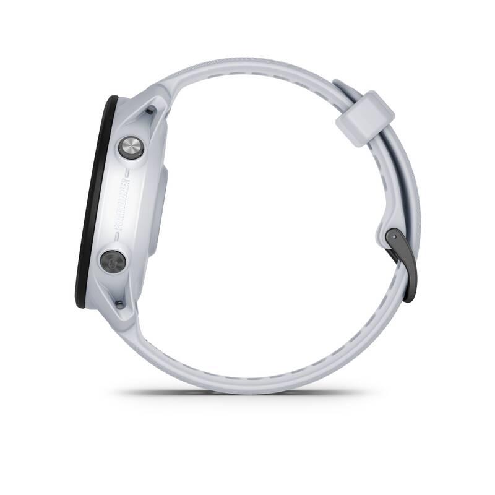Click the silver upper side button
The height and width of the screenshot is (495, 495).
tap(131, 147)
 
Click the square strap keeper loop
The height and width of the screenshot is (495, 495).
tap(365, 118)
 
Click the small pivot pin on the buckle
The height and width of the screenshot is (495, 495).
tap(391, 236)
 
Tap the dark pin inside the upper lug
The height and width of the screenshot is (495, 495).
tap(150, 111)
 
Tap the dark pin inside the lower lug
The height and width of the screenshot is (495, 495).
tap(118, 303)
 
